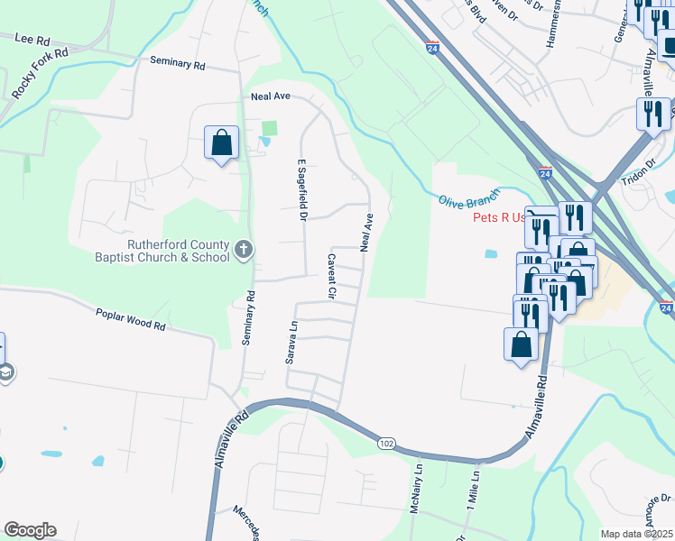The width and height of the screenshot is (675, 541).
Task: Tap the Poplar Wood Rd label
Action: pos(131,318)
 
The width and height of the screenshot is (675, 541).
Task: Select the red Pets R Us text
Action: pos(498,217)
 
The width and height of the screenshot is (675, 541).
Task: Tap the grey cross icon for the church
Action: pos(243,250)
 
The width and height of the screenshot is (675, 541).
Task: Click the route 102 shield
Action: pos(386,443)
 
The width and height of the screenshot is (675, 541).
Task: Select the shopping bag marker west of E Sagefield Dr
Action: pos(221,142)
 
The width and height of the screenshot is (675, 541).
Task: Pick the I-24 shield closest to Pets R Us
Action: pos(545,171)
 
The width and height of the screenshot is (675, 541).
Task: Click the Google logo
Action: pos(30,530)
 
